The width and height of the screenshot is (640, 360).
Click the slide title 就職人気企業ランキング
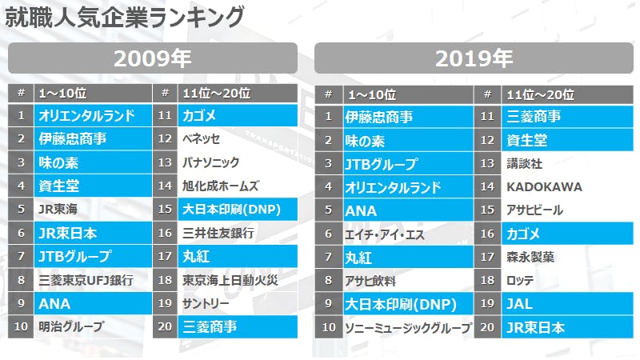click(124, 15)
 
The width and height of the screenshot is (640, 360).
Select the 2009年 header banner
click(152, 58)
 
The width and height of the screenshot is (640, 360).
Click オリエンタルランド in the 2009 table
click(86, 116)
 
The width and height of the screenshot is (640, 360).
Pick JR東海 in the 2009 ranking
click(59, 210)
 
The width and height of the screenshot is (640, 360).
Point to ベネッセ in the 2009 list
click(202, 139)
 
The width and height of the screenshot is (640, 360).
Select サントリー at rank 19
click(206, 304)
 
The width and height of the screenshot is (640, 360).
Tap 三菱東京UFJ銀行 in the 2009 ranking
click(86, 281)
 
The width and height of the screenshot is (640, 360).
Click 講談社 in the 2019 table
click(525, 163)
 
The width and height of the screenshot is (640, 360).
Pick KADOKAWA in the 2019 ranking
click(544, 186)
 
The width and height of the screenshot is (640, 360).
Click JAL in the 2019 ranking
click(520, 304)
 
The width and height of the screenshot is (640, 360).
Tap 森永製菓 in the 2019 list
click(530, 258)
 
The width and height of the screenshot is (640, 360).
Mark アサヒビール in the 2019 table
click(535, 210)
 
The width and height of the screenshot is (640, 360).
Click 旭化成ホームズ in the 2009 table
click(221, 186)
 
